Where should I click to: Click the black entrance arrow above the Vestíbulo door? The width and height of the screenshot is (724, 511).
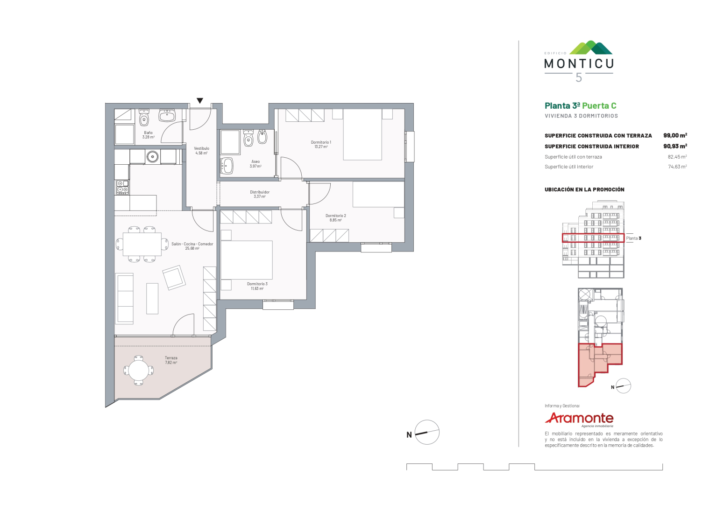[x=200, y=101]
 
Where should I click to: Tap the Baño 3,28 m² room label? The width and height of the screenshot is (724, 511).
[x=149, y=135]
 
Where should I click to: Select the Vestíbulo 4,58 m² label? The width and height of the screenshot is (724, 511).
[x=201, y=151]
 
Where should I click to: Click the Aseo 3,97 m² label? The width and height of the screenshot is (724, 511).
[x=256, y=164]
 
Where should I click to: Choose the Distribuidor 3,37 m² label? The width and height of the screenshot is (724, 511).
[x=260, y=194]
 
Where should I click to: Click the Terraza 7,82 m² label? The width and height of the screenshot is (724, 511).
[x=171, y=360]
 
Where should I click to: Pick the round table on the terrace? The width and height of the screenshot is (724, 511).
[x=139, y=370]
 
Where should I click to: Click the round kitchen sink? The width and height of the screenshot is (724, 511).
[x=153, y=157]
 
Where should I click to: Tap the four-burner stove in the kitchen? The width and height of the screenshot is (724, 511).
[x=122, y=187]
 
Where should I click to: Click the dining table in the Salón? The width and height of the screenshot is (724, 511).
[x=142, y=244]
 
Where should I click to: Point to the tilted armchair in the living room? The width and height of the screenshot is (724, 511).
[x=174, y=278]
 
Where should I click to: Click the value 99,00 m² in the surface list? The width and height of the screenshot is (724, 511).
[x=675, y=136]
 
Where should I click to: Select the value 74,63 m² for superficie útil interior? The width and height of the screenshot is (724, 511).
[x=677, y=167]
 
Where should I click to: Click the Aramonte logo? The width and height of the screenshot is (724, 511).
[x=579, y=419]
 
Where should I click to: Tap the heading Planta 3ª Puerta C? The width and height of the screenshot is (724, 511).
[x=581, y=105]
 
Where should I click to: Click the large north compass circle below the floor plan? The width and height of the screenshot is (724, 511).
[x=427, y=432]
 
